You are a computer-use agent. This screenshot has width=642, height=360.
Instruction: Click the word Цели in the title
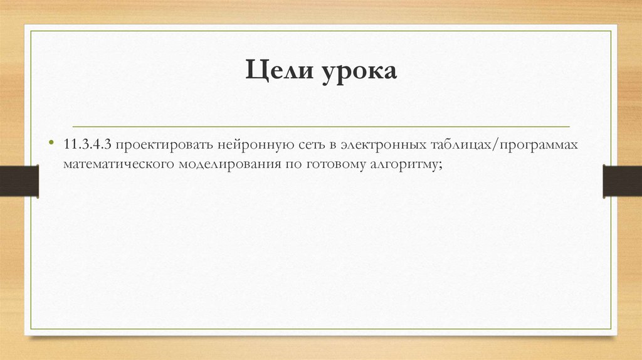click(x=278, y=71)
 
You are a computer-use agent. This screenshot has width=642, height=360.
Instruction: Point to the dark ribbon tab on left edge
click(x=19, y=181)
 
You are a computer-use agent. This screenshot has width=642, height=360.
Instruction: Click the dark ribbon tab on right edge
click(x=622, y=181)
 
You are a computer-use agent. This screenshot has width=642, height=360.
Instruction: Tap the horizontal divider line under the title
click(x=321, y=126)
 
